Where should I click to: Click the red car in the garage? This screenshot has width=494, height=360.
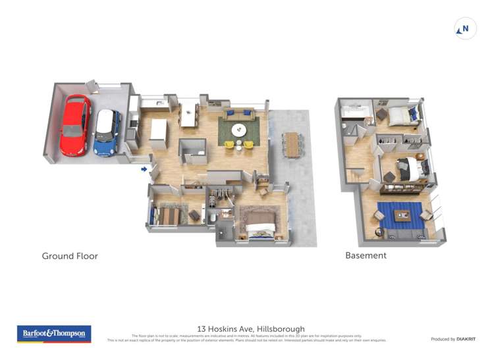[x=75, y=125]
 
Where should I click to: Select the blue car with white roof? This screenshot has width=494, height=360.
[x=106, y=132]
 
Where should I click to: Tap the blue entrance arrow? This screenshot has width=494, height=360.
[x=144, y=169]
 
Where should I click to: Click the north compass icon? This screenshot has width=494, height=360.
[x=466, y=29]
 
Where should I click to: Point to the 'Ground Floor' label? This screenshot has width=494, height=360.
[x=70, y=256]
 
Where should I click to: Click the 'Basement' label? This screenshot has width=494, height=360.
[x=366, y=255]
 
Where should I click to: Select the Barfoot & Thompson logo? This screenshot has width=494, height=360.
[x=54, y=334]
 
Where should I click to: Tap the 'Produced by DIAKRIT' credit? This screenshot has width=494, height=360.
[x=454, y=339]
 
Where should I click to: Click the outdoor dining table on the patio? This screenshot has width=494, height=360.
[x=292, y=144]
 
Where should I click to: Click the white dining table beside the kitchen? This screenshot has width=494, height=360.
[x=190, y=115]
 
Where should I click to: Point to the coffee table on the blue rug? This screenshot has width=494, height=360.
[x=400, y=215]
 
